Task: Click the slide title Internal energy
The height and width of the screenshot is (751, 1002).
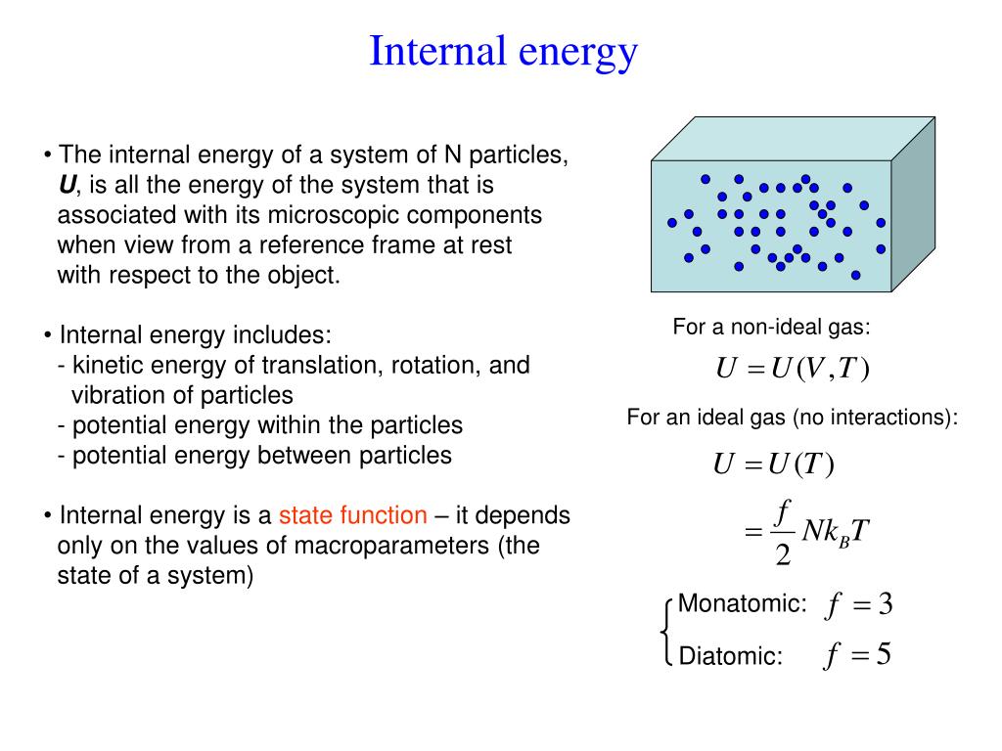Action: tap(503, 51)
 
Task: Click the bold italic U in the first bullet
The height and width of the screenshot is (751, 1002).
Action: tap(68, 185)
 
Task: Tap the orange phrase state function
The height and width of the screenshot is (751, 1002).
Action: tap(353, 515)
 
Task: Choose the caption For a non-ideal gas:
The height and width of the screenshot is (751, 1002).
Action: tap(771, 328)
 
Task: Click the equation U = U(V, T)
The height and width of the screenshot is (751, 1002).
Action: tap(793, 369)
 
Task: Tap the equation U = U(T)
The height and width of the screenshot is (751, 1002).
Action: tap(773, 465)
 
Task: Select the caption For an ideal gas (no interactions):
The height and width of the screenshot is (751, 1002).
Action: tap(793, 419)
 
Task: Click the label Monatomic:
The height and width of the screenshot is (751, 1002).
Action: tap(743, 603)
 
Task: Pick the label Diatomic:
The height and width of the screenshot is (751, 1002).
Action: tap(731, 656)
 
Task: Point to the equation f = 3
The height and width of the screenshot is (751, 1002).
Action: tap(859, 606)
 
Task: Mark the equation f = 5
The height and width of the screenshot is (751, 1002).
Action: tap(857, 655)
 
